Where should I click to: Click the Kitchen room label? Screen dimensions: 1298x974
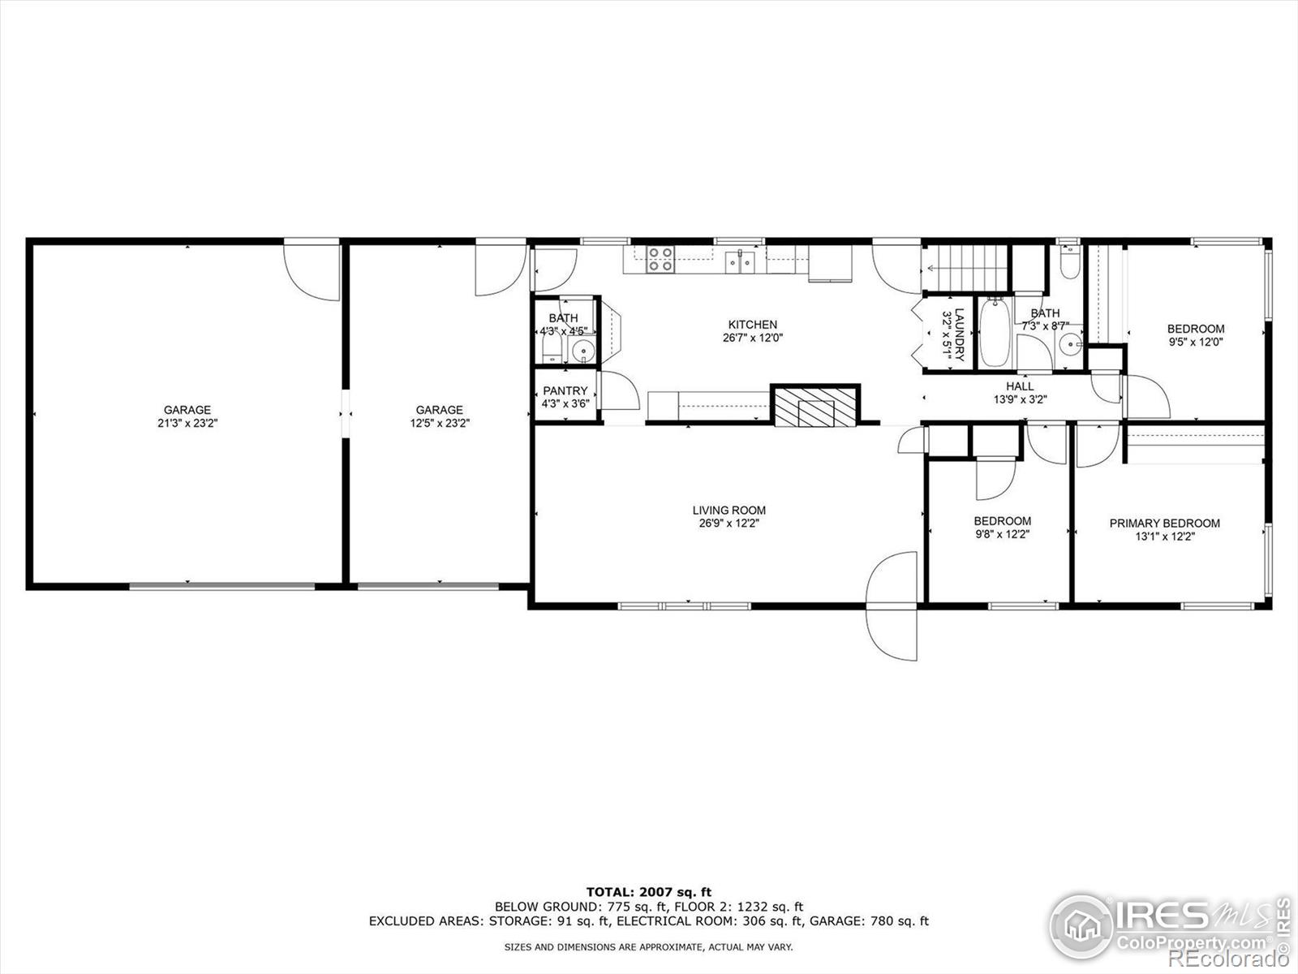click(x=752, y=325)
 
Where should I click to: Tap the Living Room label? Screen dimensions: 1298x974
click(x=729, y=511)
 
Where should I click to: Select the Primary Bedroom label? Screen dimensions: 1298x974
click(x=1164, y=524)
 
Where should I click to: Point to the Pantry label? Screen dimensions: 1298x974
click(x=565, y=391)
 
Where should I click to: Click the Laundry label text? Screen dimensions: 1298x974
click(x=959, y=334)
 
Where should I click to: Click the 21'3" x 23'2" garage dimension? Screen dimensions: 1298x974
click(x=187, y=423)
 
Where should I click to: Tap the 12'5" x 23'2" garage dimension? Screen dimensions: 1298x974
click(x=440, y=423)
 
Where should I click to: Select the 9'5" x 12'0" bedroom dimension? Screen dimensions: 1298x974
click(x=1196, y=342)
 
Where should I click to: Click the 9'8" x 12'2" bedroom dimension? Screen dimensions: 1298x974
click(x=1003, y=535)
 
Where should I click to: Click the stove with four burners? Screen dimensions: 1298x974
click(x=660, y=260)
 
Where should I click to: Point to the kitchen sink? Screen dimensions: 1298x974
click(x=740, y=261)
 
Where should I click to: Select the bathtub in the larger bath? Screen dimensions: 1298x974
click(x=995, y=332)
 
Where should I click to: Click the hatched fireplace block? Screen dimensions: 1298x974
click(x=815, y=407)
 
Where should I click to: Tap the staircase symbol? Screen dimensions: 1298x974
click(x=965, y=268)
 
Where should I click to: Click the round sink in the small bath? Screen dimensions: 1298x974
click(x=583, y=351)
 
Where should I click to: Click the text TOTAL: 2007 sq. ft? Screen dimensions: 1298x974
click(x=649, y=892)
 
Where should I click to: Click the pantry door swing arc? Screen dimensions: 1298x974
click(x=621, y=391)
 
